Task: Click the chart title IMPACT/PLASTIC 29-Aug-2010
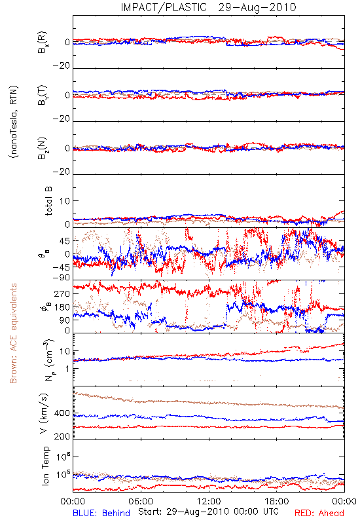click(208, 7)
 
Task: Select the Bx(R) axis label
click(43, 42)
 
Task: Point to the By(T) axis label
click(43, 95)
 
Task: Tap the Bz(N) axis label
click(43, 148)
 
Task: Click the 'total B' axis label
click(48, 200)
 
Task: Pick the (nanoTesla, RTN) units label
click(14, 122)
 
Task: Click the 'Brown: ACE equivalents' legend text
click(13, 333)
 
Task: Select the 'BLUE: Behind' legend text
click(101, 513)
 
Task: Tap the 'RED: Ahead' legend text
click(319, 513)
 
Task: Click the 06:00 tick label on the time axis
click(141, 501)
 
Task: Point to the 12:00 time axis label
click(209, 501)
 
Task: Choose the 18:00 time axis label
click(277, 501)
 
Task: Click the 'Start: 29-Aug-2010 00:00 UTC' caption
click(208, 512)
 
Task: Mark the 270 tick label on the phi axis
click(62, 293)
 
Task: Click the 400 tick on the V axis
click(62, 413)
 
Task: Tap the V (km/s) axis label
click(44, 413)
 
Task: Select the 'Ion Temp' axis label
click(45, 466)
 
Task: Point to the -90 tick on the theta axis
click(62, 278)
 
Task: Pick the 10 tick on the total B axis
click(65, 201)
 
